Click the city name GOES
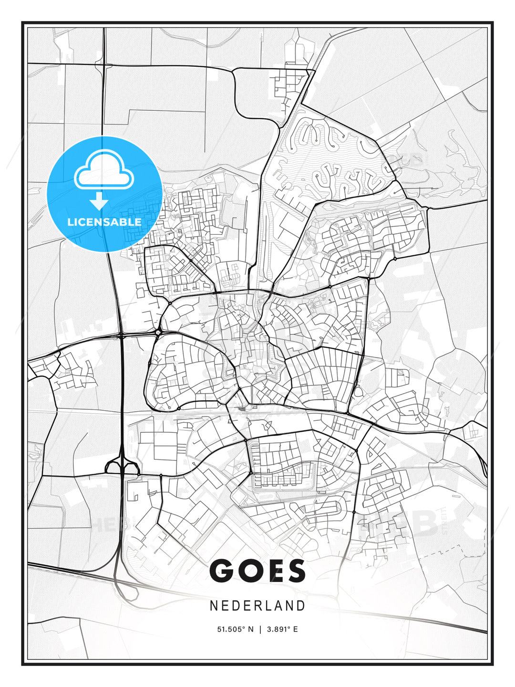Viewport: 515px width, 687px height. point(257,571)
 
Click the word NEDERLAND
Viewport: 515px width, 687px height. point(257,605)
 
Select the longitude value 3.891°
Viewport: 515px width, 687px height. point(279,629)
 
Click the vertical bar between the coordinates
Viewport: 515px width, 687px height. point(260,629)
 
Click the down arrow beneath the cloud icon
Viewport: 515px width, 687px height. point(99,201)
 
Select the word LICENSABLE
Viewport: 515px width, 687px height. point(104,222)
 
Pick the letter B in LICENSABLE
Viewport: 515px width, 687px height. point(125,222)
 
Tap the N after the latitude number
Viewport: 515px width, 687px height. point(251,629)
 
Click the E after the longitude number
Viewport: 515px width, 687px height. point(295,629)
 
